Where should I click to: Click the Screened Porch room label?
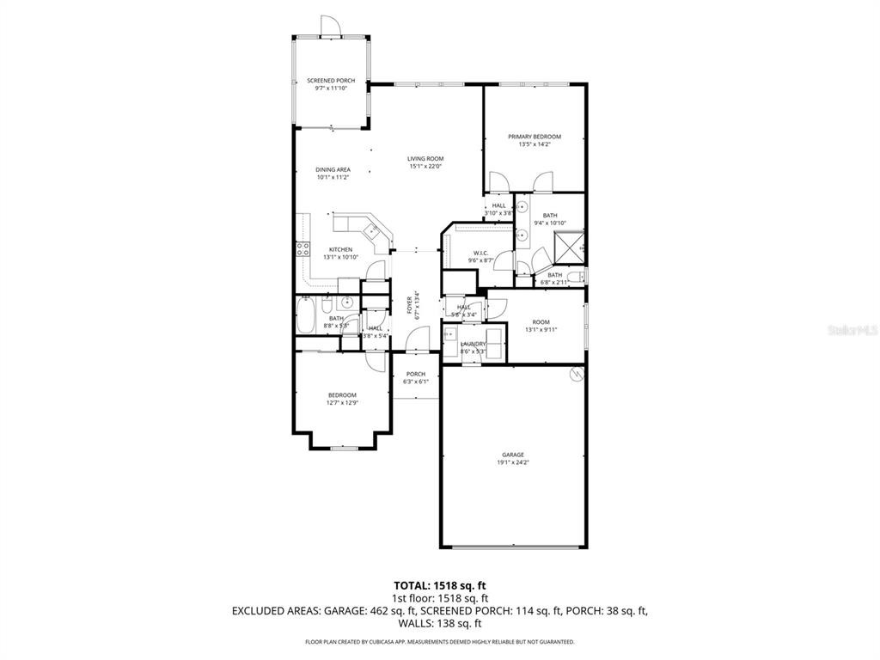point(331,81)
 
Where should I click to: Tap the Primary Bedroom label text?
point(534,137)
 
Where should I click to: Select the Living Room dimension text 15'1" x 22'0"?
point(425,167)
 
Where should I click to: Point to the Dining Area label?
point(333,170)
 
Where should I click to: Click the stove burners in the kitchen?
point(302,249)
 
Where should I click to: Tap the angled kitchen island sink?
point(372,229)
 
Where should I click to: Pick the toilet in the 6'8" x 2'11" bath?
point(580,276)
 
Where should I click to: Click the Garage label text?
point(513,455)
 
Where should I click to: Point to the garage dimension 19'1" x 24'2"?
point(513,462)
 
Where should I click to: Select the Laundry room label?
point(473,344)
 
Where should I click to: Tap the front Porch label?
point(416,374)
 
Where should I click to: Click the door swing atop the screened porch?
point(331,27)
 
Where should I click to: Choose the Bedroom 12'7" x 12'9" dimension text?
point(341,402)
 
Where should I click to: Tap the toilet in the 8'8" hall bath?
point(327,308)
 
